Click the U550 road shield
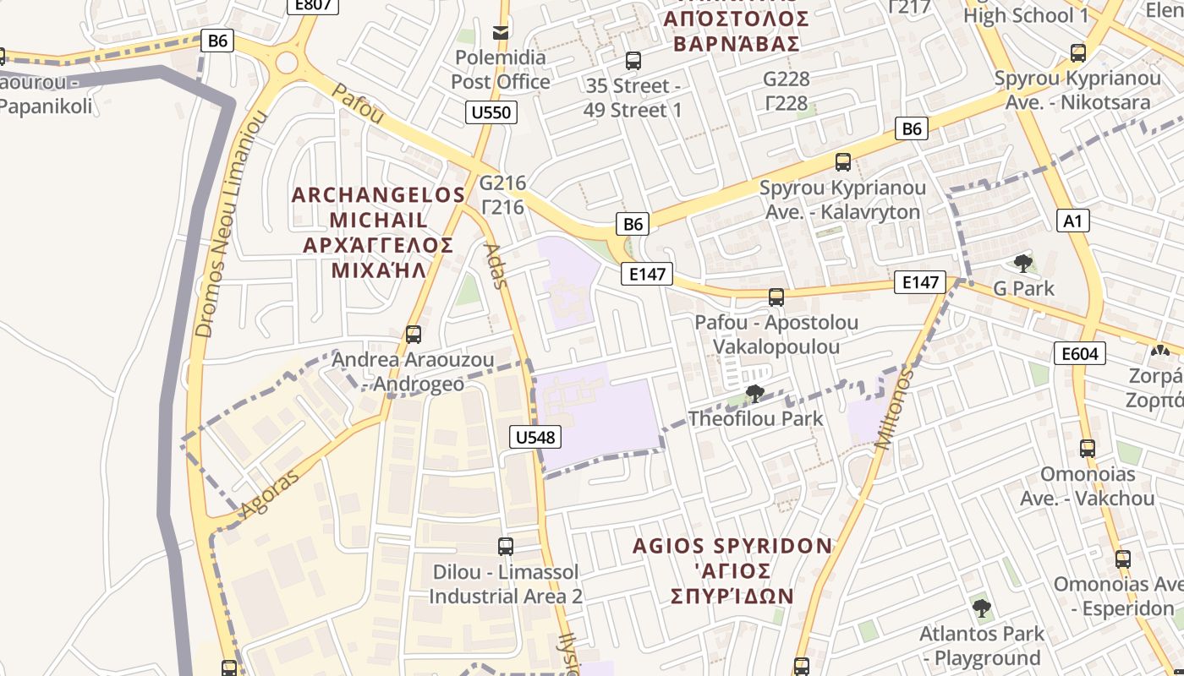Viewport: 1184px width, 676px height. pyautogui.click(x=491, y=112)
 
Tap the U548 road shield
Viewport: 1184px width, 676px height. pyautogui.click(x=535, y=437)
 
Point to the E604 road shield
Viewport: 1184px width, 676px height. pyautogui.click(x=1080, y=353)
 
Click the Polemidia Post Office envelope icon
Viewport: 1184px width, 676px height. pyautogui.click(x=501, y=32)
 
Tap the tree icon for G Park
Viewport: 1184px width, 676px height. pyautogui.click(x=1023, y=263)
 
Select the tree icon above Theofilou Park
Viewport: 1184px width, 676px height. pyautogui.click(x=754, y=393)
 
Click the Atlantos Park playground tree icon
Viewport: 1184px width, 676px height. pyautogui.click(x=981, y=608)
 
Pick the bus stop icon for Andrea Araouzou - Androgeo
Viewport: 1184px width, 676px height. pyautogui.click(x=413, y=334)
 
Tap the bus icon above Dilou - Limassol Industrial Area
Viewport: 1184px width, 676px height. pyautogui.click(x=505, y=546)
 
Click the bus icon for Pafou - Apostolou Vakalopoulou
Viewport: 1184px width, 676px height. pyautogui.click(x=776, y=297)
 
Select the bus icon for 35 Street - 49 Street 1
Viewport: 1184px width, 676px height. pyautogui.click(x=633, y=60)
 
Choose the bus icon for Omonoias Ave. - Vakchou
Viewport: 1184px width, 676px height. pyautogui.click(x=1087, y=448)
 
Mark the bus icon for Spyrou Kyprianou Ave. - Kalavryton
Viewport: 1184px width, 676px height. pyautogui.click(x=842, y=161)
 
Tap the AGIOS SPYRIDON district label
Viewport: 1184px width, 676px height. pyautogui.click(x=732, y=546)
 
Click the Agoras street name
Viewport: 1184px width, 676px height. pyautogui.click(x=270, y=493)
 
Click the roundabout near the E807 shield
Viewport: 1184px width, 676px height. pyautogui.click(x=287, y=62)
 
